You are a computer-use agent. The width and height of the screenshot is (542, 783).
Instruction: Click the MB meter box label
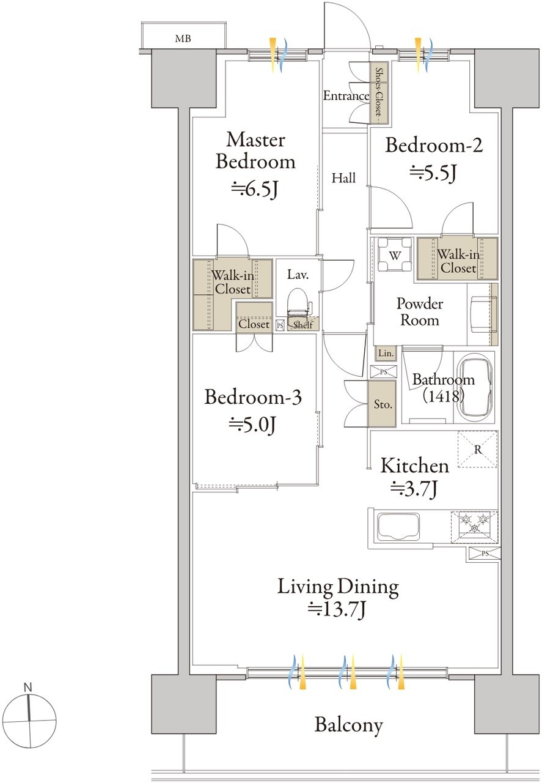pos(183,39)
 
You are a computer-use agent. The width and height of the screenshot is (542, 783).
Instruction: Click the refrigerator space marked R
pos(477,449)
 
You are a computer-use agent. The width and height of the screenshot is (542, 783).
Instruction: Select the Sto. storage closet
pos(382,404)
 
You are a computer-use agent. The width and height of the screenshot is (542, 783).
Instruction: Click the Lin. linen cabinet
pos(386,354)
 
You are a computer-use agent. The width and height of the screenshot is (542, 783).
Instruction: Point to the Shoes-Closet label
pos(379,92)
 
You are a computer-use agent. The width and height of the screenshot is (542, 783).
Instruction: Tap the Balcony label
pos(348,725)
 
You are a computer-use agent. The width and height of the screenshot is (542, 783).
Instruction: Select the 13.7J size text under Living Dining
pos(337,610)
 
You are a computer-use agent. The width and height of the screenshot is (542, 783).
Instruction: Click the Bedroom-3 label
pos(253,398)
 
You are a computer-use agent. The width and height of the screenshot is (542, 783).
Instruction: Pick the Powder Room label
pos(420,312)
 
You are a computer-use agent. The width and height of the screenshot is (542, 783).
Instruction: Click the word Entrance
pos(346,96)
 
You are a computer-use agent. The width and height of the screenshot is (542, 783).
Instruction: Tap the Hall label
pos(343,178)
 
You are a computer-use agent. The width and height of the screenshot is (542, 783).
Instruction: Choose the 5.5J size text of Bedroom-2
pos(433,173)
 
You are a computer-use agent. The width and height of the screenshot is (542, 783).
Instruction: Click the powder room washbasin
pos(483,314)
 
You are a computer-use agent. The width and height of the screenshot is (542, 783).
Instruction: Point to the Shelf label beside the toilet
pos(303,325)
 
